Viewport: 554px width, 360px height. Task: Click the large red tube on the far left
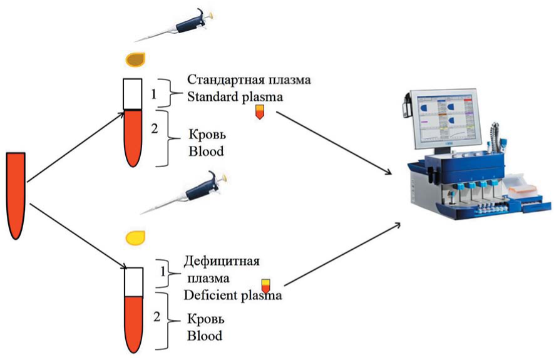click(16, 194)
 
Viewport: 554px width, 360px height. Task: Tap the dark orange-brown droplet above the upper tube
click(135, 59)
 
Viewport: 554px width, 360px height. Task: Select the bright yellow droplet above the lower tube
click(135, 237)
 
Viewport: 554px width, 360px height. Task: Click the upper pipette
click(188, 22)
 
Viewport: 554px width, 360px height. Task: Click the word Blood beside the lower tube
click(205, 336)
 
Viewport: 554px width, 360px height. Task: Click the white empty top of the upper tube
click(132, 94)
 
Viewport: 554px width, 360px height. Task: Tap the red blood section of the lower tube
click(132, 322)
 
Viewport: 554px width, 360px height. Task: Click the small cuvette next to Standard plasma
click(259, 112)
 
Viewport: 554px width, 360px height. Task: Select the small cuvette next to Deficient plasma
click(266, 285)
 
